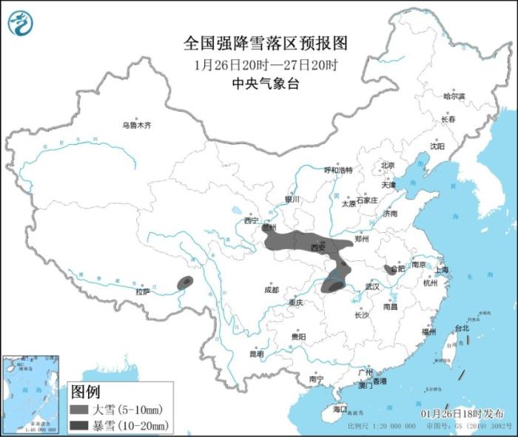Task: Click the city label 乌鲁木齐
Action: [137, 126]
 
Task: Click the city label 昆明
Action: [256, 353]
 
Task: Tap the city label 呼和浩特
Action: [339, 169]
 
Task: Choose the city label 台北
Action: [461, 328]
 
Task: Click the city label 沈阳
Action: [437, 146]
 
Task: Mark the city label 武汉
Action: [371, 286]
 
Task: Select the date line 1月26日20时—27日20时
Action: [266, 64]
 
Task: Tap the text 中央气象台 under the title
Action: [266, 84]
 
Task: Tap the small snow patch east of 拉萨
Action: [185, 281]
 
